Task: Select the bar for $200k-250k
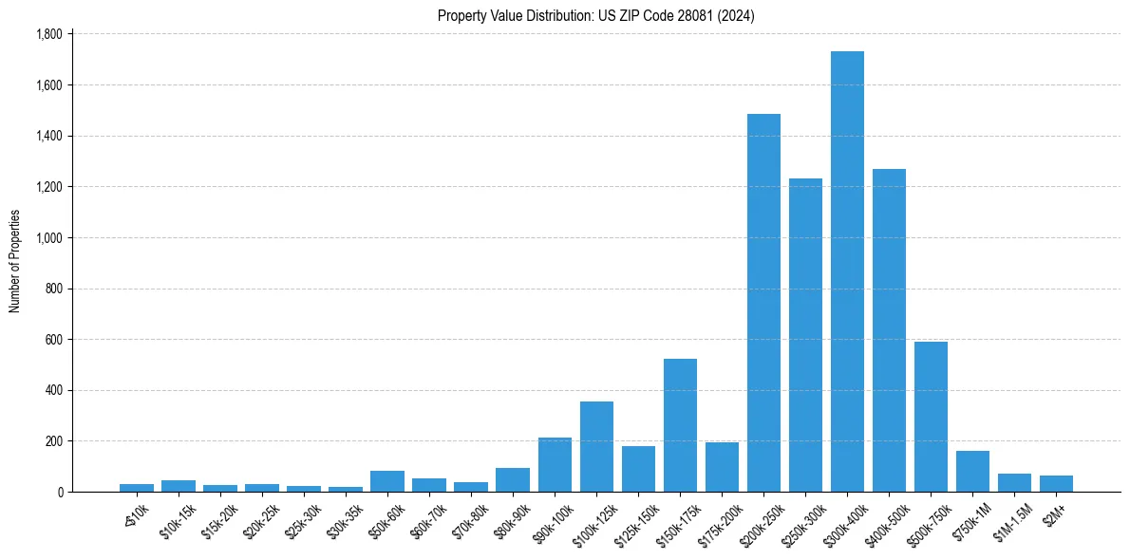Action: point(763,303)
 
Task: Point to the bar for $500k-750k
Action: point(931,417)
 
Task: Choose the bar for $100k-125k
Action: point(596,446)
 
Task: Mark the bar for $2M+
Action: point(1056,483)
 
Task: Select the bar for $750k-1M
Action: point(972,471)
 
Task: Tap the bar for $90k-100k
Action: point(555,464)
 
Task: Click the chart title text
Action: point(596,16)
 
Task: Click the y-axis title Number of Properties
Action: point(15,261)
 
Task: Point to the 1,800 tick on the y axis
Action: point(47,34)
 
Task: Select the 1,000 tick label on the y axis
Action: point(47,237)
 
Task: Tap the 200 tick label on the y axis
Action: point(53,441)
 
